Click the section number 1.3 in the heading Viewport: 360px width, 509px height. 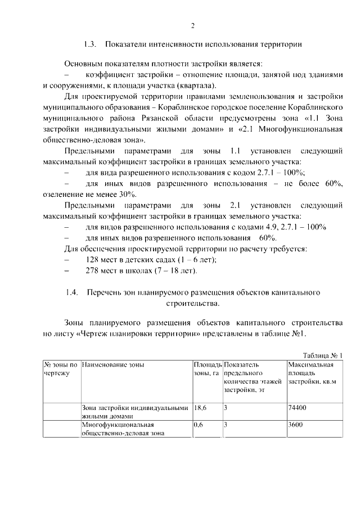tap(91, 43)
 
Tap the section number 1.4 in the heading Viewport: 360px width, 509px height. tap(71, 292)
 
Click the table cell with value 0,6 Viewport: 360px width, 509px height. tap(198, 425)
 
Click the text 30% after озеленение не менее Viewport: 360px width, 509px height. tap(127, 194)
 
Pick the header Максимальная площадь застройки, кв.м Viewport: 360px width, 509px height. tap(312, 373)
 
